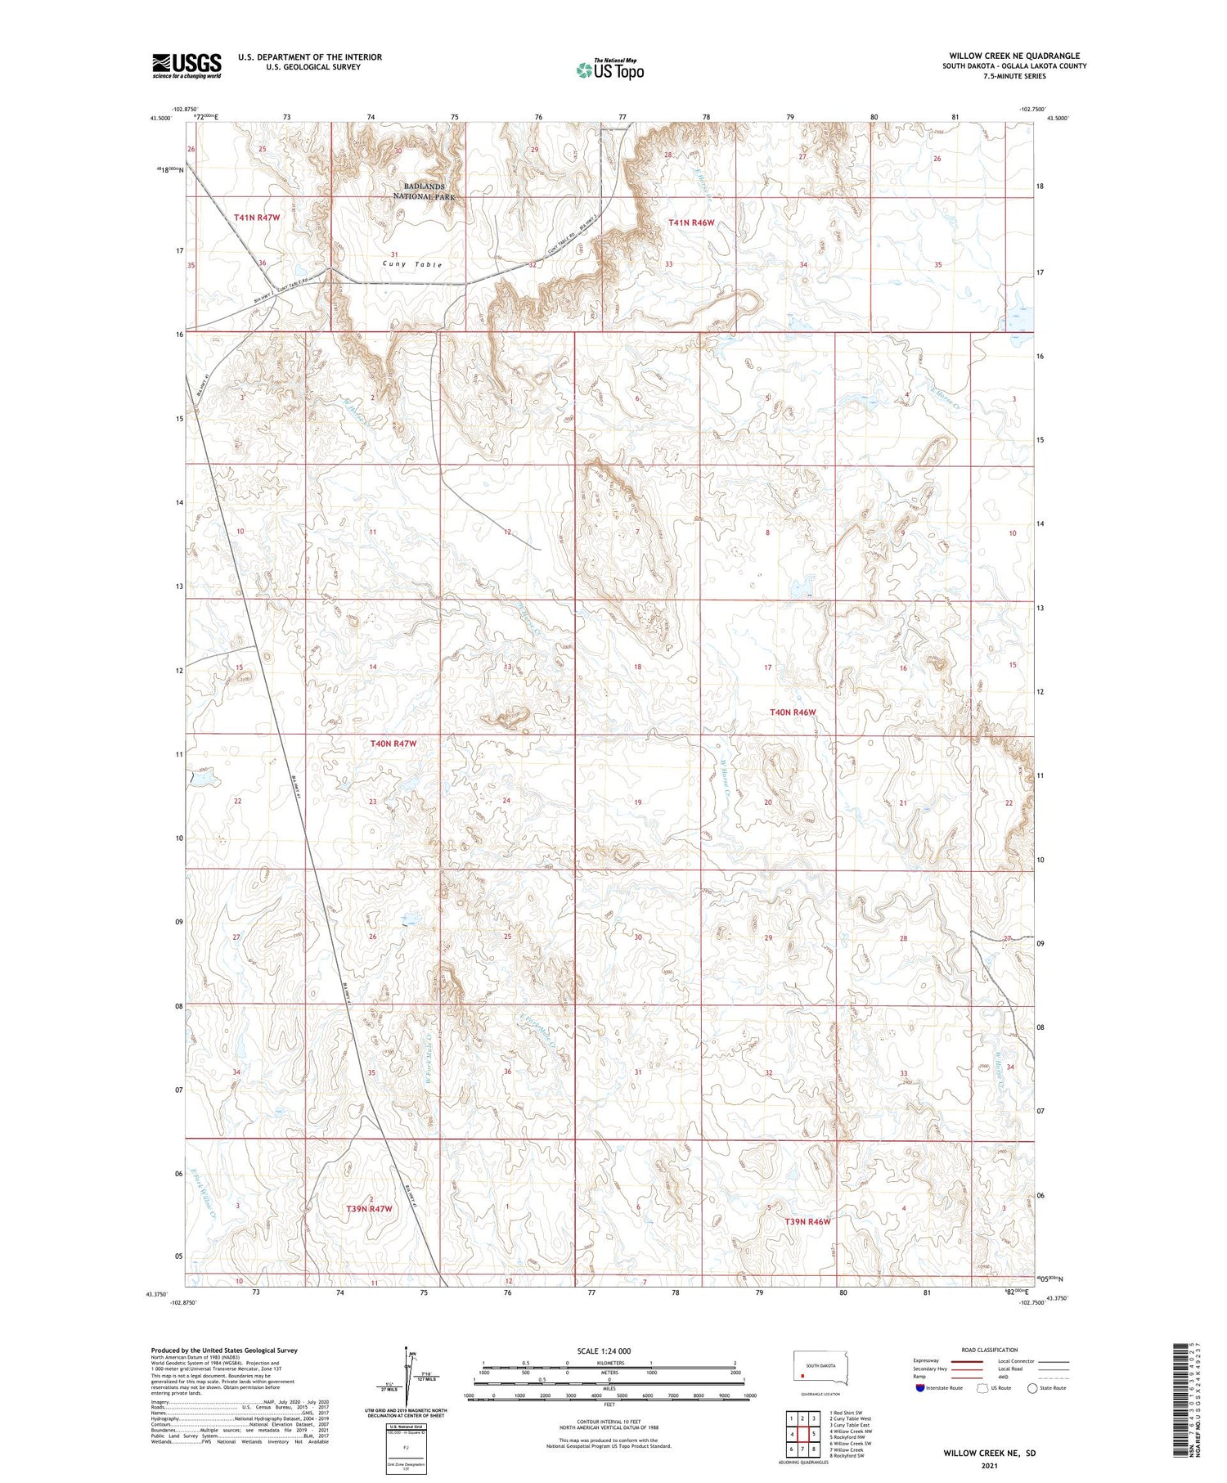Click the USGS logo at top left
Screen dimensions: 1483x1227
tap(187, 65)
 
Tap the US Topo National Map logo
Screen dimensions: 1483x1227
tap(609, 70)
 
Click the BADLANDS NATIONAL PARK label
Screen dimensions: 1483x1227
tap(424, 191)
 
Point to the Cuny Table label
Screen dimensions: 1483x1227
tap(412, 264)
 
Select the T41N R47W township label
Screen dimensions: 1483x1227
tap(257, 218)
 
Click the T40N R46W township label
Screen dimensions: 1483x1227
tap(792, 712)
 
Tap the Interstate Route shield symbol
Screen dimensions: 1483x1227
tap(920, 1388)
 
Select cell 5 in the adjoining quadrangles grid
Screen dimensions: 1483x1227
tap(814, 1434)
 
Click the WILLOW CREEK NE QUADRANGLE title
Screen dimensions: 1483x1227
tap(1014, 56)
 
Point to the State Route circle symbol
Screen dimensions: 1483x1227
tap(1032, 1388)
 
